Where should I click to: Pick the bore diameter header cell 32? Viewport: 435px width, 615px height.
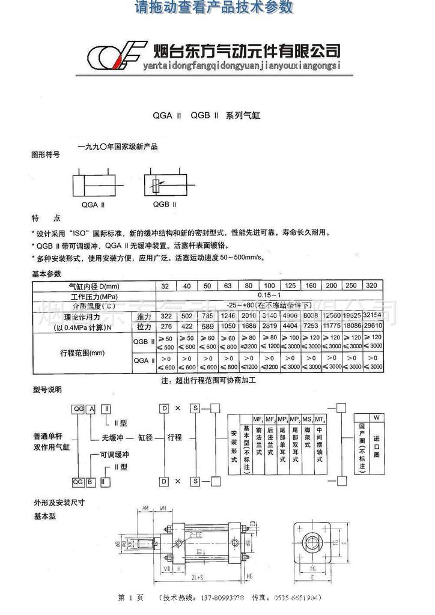pyautogui.click(x=165, y=286)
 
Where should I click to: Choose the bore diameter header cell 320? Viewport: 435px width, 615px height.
pyautogui.click(x=372, y=286)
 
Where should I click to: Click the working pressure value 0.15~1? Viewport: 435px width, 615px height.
pyautogui.click(x=268, y=296)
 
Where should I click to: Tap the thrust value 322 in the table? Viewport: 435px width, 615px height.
pyautogui.click(x=166, y=317)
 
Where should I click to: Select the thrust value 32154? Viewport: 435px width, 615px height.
pyautogui.click(x=373, y=317)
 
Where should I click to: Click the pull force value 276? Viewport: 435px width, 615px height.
pyautogui.click(x=166, y=327)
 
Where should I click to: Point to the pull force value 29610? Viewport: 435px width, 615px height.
pyautogui.click(x=373, y=327)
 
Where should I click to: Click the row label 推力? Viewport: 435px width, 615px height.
pyautogui.click(x=144, y=317)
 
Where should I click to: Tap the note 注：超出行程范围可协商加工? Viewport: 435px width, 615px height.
pyautogui.click(x=209, y=381)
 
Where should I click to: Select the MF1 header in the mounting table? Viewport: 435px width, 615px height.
pyautogui.click(x=258, y=418)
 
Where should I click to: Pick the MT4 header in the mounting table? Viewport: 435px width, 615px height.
pyautogui.click(x=320, y=418)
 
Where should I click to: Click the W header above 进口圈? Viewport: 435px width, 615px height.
pyautogui.click(x=377, y=417)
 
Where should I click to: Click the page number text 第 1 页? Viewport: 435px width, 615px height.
pyautogui.click(x=132, y=598)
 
